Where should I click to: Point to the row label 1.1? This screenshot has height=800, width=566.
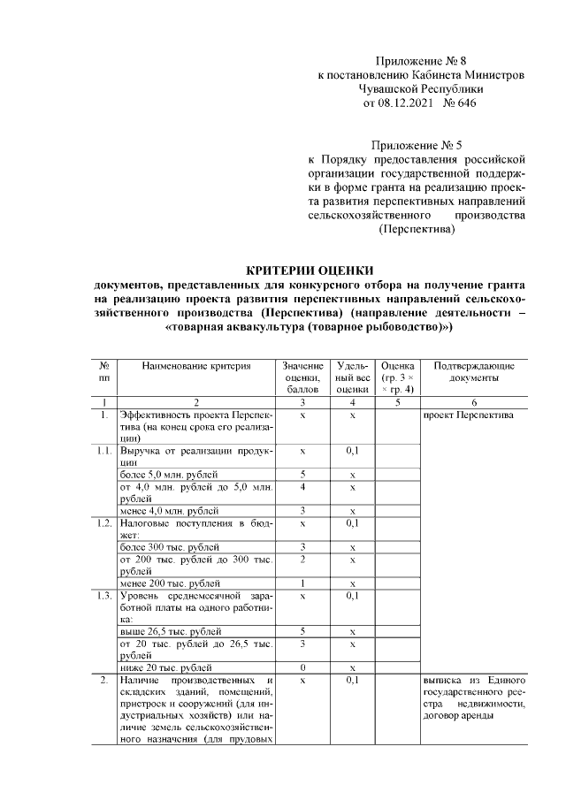coord(104,451)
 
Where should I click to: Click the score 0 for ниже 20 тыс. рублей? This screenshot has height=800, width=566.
coord(303,667)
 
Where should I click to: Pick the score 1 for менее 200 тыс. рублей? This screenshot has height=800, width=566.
coord(303,583)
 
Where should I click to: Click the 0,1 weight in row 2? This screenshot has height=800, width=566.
coord(352,681)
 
